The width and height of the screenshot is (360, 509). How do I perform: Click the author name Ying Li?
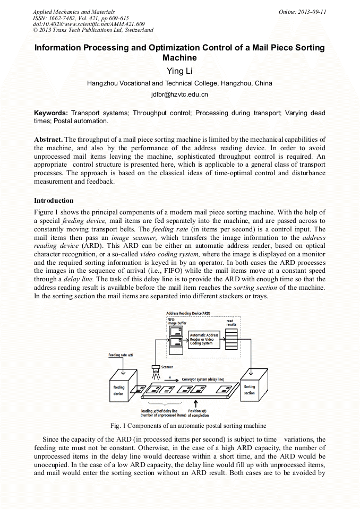point(179,71)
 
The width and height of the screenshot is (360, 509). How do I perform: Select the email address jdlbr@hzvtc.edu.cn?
point(179,94)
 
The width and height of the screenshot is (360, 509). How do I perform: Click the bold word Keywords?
point(50,113)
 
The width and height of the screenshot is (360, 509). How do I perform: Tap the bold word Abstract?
point(48,139)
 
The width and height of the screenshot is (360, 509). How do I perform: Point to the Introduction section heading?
point(54,201)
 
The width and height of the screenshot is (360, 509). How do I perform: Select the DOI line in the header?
point(89,25)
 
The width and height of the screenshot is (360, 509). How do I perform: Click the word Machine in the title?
point(179,58)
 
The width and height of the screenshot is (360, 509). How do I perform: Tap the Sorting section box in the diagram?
point(249,390)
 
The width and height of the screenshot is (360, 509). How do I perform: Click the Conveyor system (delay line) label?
point(203,379)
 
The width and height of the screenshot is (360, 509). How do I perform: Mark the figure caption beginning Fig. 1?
point(188,426)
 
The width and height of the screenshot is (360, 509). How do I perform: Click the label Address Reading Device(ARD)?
point(188,314)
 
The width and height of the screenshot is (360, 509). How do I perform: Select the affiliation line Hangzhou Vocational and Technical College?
point(179,83)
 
